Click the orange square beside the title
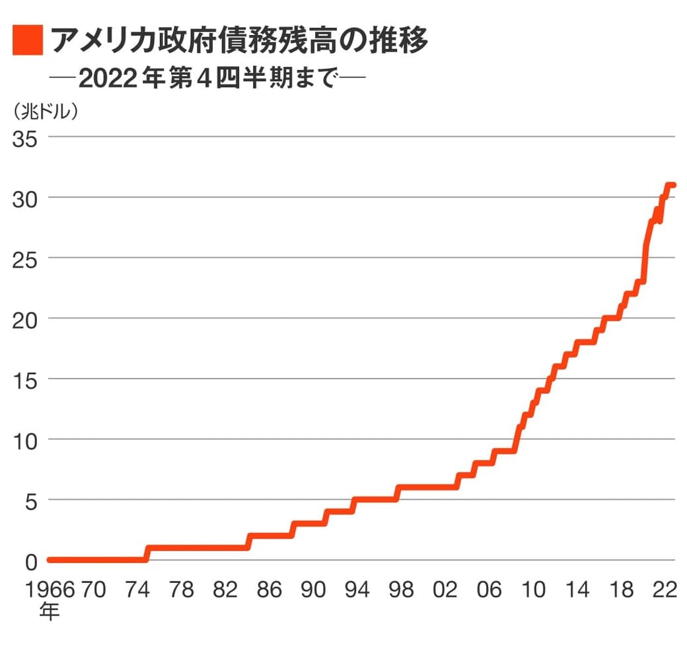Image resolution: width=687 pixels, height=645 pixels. [x=27, y=40]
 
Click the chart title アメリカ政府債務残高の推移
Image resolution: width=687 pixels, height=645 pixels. [x=239, y=40]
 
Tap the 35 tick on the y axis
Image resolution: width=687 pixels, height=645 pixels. [x=25, y=138]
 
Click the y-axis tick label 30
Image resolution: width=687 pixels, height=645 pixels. [x=25, y=198]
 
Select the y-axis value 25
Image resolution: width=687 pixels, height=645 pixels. [x=25, y=258]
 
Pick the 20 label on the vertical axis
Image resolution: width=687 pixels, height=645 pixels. [x=25, y=319]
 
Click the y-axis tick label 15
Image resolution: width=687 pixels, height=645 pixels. [x=25, y=379]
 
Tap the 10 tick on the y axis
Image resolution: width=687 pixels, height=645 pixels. [x=25, y=439]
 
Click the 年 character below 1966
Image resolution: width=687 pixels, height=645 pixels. [x=48, y=611]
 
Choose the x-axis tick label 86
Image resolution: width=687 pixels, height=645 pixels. [x=270, y=590]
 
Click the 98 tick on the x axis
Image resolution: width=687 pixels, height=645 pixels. [x=400, y=590]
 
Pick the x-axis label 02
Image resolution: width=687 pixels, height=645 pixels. [x=445, y=590]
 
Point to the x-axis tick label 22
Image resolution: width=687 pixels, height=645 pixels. [x=664, y=590]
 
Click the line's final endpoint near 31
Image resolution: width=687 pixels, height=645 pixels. [x=673, y=186]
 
